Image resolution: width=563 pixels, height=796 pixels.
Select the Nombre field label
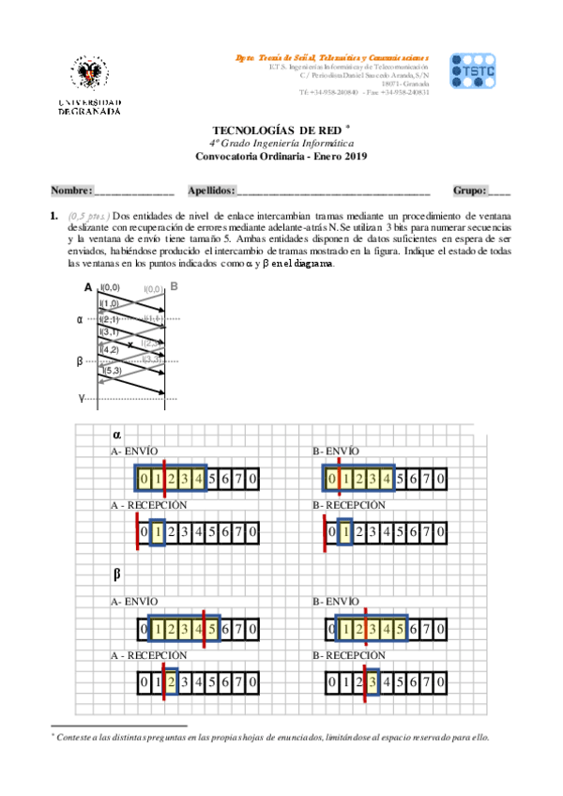[70, 191]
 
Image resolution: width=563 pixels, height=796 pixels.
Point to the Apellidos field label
[211, 191]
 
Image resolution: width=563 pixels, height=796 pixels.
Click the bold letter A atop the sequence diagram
[88, 287]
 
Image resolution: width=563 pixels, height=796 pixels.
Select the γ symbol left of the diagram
[81, 398]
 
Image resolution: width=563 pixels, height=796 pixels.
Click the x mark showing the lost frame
[130, 345]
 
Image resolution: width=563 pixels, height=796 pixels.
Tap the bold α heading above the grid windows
[117, 435]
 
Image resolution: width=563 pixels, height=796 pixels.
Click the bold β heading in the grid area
[117, 573]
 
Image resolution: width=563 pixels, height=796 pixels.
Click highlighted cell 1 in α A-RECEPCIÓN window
[158, 532]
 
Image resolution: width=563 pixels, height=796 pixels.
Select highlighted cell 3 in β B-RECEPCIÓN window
[373, 680]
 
